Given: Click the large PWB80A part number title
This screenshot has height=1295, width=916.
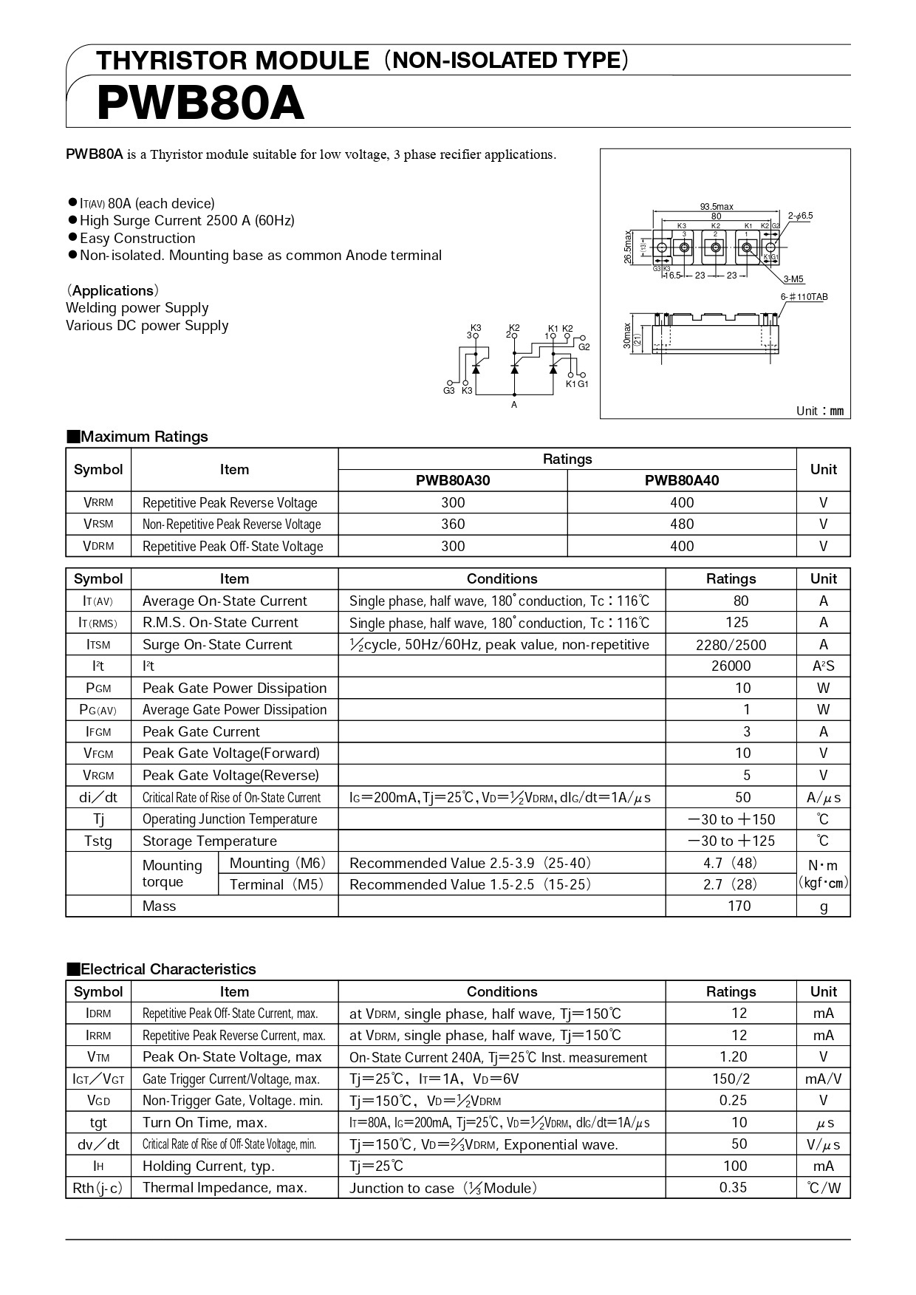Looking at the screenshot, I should point(200,103).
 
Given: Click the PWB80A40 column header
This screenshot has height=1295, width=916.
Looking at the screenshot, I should point(681,480).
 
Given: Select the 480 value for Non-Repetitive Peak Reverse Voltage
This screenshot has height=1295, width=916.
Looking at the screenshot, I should point(681,524).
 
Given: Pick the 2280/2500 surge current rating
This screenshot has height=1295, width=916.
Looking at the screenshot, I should point(731,645).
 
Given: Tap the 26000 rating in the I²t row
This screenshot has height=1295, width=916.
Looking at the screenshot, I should point(731,666).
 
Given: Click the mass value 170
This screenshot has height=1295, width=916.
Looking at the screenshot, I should point(739,906).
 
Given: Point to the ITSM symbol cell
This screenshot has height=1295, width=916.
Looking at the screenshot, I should point(98,645).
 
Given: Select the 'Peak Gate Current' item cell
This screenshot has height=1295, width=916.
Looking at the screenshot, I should point(201,732).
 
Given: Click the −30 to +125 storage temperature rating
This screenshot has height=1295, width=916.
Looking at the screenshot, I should point(731,841).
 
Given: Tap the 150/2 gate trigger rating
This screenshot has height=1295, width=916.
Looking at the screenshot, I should point(731,1079).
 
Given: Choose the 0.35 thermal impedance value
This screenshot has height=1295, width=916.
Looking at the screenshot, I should point(733,1188).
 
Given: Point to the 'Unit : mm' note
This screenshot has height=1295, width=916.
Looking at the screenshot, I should point(819,411).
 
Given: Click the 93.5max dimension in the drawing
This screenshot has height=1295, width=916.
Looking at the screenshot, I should point(716,207).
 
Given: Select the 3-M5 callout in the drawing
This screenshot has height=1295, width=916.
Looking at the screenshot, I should point(793,279).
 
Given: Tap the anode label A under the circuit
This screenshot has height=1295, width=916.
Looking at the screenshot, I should point(514,405).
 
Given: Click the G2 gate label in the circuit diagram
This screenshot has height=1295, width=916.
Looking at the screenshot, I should point(584,346).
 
